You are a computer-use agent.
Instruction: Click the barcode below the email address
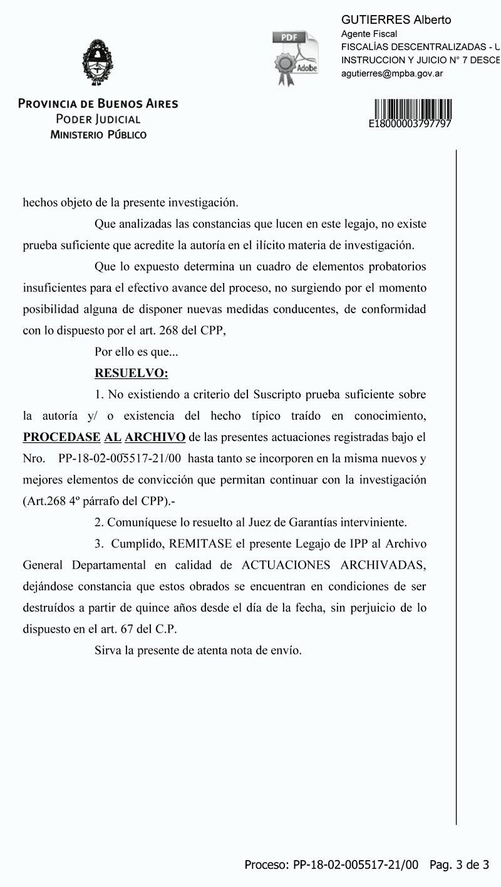point(413,108)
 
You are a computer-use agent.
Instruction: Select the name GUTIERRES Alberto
point(396,20)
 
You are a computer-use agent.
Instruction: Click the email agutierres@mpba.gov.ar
point(392,73)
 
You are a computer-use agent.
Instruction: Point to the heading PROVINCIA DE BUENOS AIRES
point(98,104)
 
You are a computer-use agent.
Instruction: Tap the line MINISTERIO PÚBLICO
point(98,135)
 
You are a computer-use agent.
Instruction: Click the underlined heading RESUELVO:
point(131,373)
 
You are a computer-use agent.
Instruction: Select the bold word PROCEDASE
point(61,437)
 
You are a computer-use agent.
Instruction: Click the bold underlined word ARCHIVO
point(155,437)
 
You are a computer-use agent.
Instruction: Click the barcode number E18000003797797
point(410,124)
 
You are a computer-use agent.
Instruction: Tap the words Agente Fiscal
point(369,34)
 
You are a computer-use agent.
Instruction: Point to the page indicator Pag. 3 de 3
point(459,865)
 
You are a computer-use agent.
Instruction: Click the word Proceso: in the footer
point(266,865)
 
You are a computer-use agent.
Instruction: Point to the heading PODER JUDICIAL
point(98,120)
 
